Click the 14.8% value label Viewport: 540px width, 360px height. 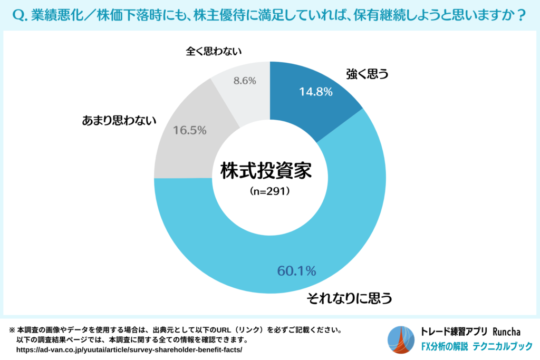coord(315,92)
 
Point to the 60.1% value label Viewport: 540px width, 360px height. coord(296,271)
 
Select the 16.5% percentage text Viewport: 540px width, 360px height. coord(189,130)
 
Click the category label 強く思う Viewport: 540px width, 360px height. coord(367,74)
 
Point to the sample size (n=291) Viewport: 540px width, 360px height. coord(269,192)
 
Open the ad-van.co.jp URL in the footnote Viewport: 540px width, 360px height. coord(129,350)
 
